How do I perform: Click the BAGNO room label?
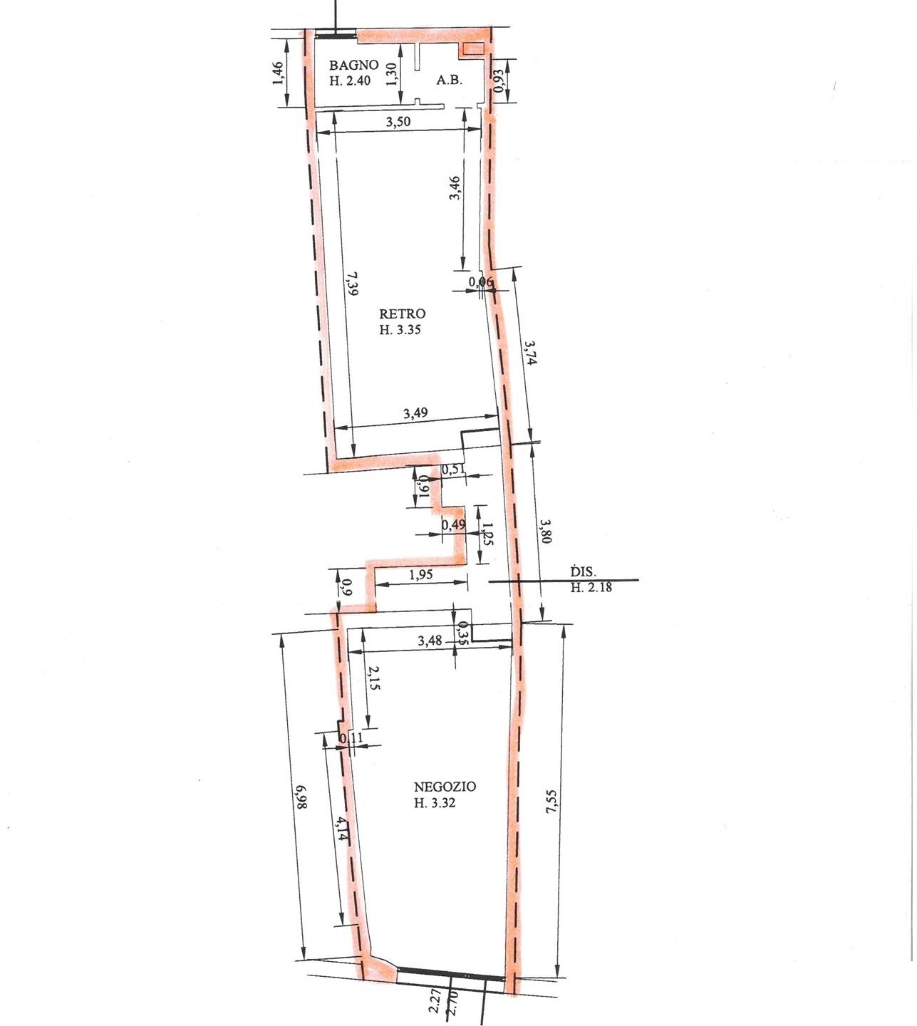[x=353, y=65]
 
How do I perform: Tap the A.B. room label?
[x=449, y=80]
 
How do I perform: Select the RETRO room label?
[x=402, y=314]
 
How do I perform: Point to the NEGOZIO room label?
[x=445, y=787]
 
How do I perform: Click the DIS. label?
[x=584, y=571]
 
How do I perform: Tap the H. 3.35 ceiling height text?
[x=400, y=330]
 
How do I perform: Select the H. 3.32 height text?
[x=435, y=802]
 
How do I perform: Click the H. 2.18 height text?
[x=591, y=587]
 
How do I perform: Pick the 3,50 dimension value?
[x=398, y=122]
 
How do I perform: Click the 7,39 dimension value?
[x=354, y=284]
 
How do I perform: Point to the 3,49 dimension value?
[x=415, y=413]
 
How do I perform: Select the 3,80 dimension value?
[x=546, y=532]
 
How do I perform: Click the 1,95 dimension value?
[x=421, y=574]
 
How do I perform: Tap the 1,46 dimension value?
[x=278, y=73]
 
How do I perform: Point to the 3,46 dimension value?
[x=455, y=187]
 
